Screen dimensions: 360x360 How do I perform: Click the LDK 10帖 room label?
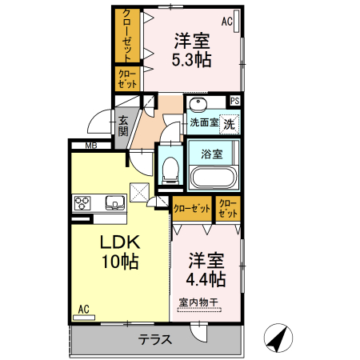click(x=120, y=251)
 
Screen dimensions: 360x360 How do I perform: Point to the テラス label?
click(x=154, y=339)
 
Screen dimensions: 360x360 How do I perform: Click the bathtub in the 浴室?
click(x=214, y=177)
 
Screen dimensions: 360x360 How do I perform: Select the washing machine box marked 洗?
click(x=229, y=125)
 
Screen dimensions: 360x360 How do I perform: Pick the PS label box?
click(x=234, y=101)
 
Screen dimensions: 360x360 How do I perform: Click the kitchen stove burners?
click(x=83, y=202)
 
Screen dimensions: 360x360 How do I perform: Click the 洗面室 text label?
click(x=204, y=123)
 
